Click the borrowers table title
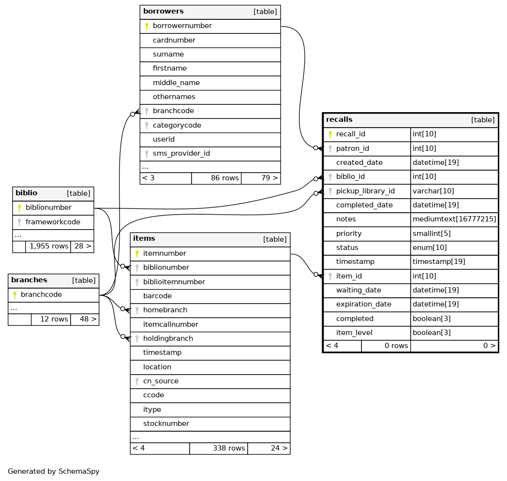tap(163, 12)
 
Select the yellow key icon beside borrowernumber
tap(147, 26)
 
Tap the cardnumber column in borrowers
tap(174, 40)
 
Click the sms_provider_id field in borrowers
tap(181, 153)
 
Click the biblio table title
tap(26, 193)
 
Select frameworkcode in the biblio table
tap(52, 222)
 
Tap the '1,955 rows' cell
tap(49, 246)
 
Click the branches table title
tap(29, 280)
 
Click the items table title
tap(144, 239)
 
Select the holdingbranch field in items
tap(168, 338)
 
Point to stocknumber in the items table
tap(166, 423)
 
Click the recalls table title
tap(339, 120)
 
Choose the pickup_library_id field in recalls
tap(365, 191)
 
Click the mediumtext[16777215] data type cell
tap(454, 219)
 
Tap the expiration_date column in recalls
tap(363, 304)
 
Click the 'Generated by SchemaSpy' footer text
tap(54, 471)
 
